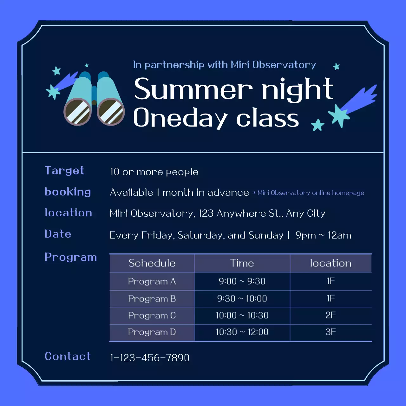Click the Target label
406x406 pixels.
point(64,171)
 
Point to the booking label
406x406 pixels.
point(68,192)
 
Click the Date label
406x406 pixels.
point(58,234)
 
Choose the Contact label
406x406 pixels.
point(68,356)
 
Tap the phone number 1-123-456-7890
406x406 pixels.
point(150,358)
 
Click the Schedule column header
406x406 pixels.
point(152,263)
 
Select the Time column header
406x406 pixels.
point(242,263)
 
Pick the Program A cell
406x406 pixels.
point(152,281)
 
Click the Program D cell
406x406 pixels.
point(152,332)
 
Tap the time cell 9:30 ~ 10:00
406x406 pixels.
point(242,298)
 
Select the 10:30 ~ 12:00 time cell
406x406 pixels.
point(242,332)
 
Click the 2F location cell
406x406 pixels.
point(331,315)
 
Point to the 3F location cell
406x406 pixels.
point(331,332)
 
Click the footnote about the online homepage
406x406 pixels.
point(309,193)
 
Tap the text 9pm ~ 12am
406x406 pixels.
point(323,235)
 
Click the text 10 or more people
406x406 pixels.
point(154,172)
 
